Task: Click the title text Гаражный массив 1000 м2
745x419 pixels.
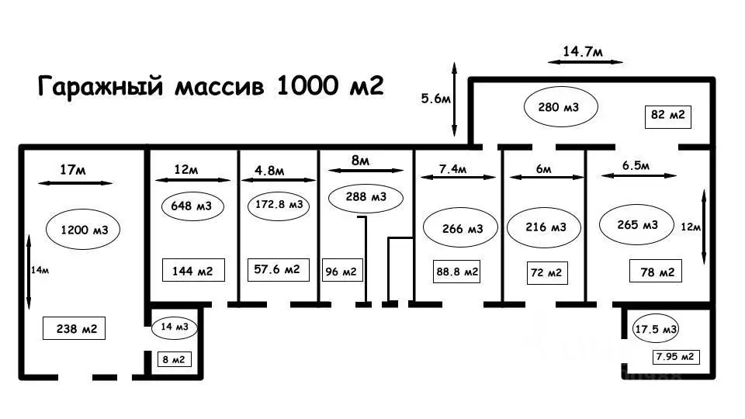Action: [211, 85]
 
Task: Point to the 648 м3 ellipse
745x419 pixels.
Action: [192, 206]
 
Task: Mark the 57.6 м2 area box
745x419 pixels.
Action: [277, 269]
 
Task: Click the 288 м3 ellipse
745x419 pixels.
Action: [367, 198]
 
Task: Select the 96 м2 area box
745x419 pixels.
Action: [341, 272]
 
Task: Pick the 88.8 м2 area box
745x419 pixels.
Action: [456, 272]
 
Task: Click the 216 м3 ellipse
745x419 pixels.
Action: [546, 228]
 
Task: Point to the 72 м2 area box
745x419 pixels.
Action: [546, 273]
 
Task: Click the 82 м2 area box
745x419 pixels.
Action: [667, 116]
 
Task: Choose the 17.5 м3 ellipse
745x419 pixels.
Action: [656, 329]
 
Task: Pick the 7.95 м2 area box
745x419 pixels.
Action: [675, 357]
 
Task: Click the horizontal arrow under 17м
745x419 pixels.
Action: [74, 183]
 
